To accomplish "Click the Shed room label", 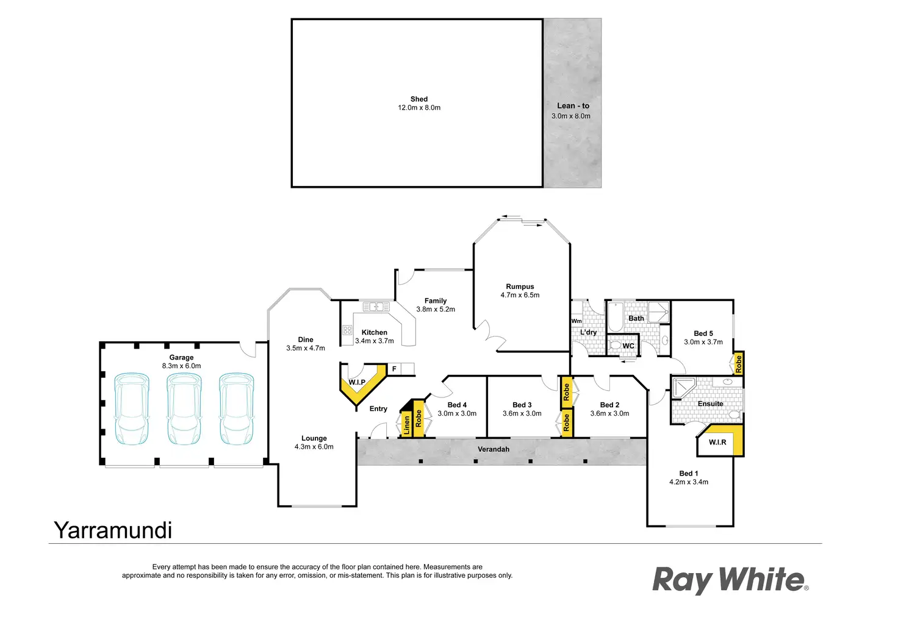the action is pyautogui.click(x=418, y=99).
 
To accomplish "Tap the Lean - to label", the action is pyautogui.click(x=573, y=105).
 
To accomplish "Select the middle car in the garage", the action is pyautogui.click(x=184, y=408).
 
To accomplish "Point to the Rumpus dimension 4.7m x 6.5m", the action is pyautogui.click(x=520, y=295).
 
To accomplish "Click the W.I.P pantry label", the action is pyautogui.click(x=357, y=382).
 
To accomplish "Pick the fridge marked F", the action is pyautogui.click(x=394, y=369).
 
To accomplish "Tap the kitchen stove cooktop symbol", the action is pyautogui.click(x=347, y=330).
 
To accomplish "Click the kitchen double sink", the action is pyautogui.click(x=376, y=306).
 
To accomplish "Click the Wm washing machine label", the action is pyautogui.click(x=577, y=321).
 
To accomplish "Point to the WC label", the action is pyautogui.click(x=628, y=346).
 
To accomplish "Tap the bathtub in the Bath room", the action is pyautogui.click(x=616, y=317).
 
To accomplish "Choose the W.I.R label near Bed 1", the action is pyautogui.click(x=717, y=442).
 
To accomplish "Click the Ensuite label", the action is pyautogui.click(x=710, y=404).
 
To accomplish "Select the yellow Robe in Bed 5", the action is pyautogui.click(x=739, y=364).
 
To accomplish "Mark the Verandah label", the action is pyautogui.click(x=493, y=449).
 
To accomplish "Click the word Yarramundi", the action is pyautogui.click(x=113, y=530).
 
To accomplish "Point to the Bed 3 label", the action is pyautogui.click(x=522, y=405).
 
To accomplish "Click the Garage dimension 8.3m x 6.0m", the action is pyautogui.click(x=181, y=366).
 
